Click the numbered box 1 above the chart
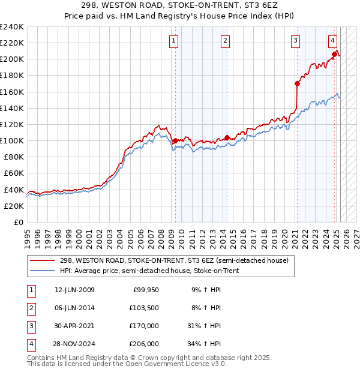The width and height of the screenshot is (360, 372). click(x=173, y=41)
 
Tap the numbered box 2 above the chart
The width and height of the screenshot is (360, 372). click(x=224, y=41)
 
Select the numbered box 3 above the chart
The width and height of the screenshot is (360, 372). click(x=296, y=41)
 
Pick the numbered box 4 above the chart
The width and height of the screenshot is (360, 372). click(x=332, y=41)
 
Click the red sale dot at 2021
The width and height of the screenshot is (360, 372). click(x=297, y=83)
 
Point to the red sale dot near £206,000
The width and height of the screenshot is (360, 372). click(x=335, y=54)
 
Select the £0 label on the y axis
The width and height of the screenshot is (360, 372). click(x=18, y=222)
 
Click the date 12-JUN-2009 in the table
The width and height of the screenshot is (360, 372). click(x=74, y=290)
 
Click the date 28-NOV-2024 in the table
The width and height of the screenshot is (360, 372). click(x=74, y=344)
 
